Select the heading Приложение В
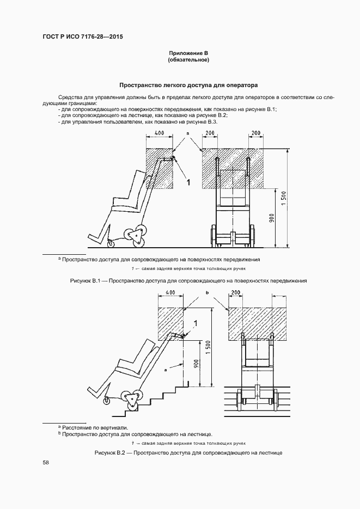click(188, 53)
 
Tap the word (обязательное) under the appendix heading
click(188, 59)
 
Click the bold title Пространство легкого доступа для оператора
click(188, 85)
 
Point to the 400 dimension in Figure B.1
click(159, 133)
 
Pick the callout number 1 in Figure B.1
click(188, 183)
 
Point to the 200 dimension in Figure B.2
click(235, 293)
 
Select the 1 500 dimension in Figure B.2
click(208, 347)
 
